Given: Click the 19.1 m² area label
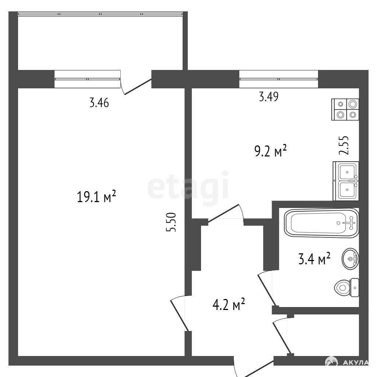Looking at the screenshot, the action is (x=96, y=196).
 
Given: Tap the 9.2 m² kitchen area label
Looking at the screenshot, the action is (x=271, y=151).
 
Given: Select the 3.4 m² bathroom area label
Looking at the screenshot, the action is (x=314, y=259).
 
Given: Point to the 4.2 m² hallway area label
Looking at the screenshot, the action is (x=229, y=304).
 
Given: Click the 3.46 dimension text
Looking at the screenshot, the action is (x=99, y=103).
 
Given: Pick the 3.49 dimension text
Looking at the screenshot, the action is (x=268, y=97).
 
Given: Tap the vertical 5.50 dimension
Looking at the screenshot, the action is (x=171, y=222).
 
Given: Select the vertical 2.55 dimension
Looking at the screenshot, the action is (x=343, y=145).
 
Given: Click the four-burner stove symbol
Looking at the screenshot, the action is (x=345, y=109).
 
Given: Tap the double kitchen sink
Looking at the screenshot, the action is (x=346, y=181).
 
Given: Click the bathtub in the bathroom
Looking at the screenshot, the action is (x=321, y=223).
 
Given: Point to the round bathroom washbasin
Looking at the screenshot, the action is (x=350, y=259).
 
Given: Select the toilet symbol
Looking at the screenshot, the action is (x=346, y=288).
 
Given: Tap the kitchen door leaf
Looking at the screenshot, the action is (x=223, y=213).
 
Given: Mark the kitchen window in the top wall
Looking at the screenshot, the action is (x=279, y=79).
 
